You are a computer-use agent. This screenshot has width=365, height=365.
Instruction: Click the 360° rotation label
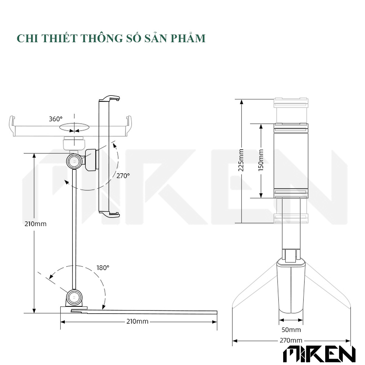[x=55, y=119]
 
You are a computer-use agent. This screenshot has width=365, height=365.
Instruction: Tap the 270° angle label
[x=123, y=176]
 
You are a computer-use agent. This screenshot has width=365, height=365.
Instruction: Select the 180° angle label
[x=103, y=268]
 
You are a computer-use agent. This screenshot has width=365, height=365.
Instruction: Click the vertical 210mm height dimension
[x=35, y=224]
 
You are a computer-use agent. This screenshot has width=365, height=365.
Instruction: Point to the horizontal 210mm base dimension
[x=137, y=322]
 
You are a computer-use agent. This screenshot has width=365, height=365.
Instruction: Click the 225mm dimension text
[x=241, y=160]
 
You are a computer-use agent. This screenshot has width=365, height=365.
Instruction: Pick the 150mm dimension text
[x=261, y=160]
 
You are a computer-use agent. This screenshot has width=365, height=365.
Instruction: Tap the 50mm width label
[x=291, y=330]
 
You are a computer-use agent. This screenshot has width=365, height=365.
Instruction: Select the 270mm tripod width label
[x=291, y=340]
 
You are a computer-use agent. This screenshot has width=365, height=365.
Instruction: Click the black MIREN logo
[x=319, y=354]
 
